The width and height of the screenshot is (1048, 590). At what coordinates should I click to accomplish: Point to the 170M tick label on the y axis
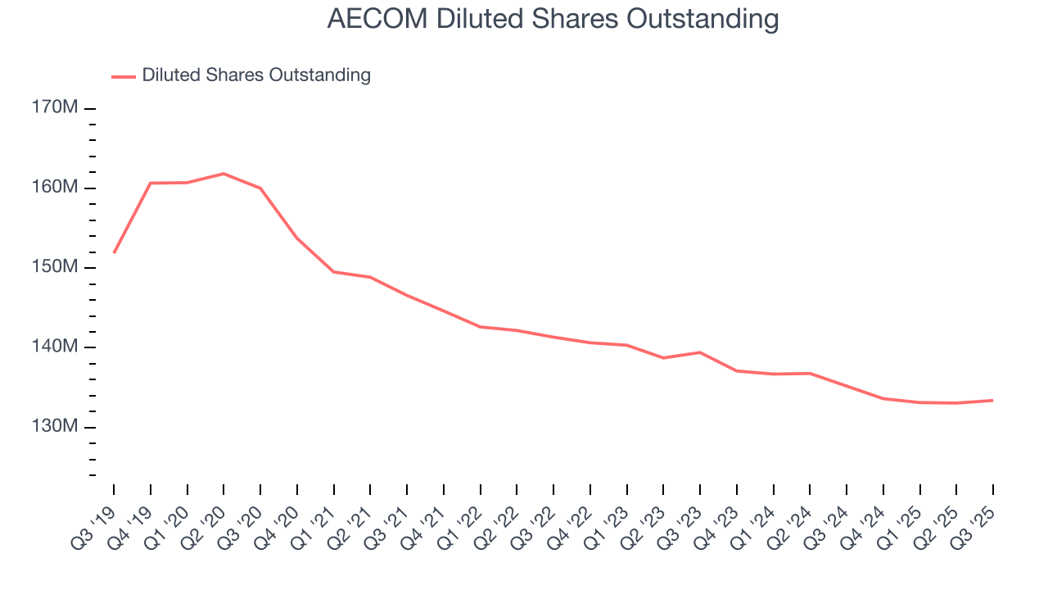pos(56,108)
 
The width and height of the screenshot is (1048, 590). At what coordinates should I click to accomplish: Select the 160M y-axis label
pos(56,188)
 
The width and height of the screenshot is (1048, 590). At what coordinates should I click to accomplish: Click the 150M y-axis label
pos(56,267)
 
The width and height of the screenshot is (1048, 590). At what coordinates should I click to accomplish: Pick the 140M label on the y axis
pos(56,347)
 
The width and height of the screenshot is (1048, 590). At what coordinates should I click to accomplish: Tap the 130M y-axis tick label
pos(56,427)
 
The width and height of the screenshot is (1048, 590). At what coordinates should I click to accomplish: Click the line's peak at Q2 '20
pos(224,174)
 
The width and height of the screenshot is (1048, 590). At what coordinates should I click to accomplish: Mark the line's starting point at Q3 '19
pos(114,252)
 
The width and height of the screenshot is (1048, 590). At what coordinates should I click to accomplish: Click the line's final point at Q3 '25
pos(993,400)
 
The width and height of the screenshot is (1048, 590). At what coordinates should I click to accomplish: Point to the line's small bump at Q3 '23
pos(700,352)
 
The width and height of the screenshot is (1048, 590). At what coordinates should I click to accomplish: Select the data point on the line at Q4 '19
pos(151,183)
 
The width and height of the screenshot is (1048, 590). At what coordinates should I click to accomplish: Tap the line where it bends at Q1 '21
pos(334,271)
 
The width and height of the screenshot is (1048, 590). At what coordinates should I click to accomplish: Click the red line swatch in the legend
pos(124,76)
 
